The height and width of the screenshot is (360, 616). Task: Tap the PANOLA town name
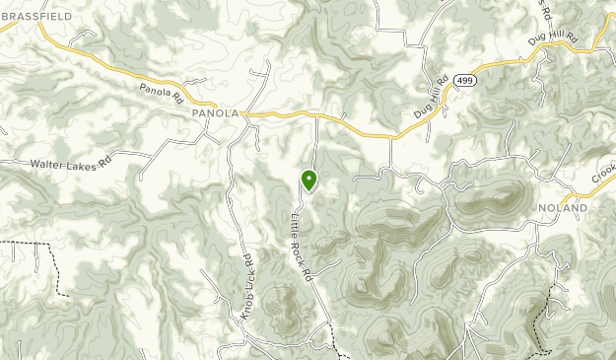[215, 113]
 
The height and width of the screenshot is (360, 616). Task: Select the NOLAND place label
[564, 209]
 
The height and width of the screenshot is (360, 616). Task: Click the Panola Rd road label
[162, 93]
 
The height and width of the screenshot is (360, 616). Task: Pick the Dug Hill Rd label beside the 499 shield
[431, 100]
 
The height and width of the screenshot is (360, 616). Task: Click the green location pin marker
[309, 180]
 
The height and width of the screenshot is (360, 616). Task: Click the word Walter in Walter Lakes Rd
[47, 164]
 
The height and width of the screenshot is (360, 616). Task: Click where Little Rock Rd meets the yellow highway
[315, 115]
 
